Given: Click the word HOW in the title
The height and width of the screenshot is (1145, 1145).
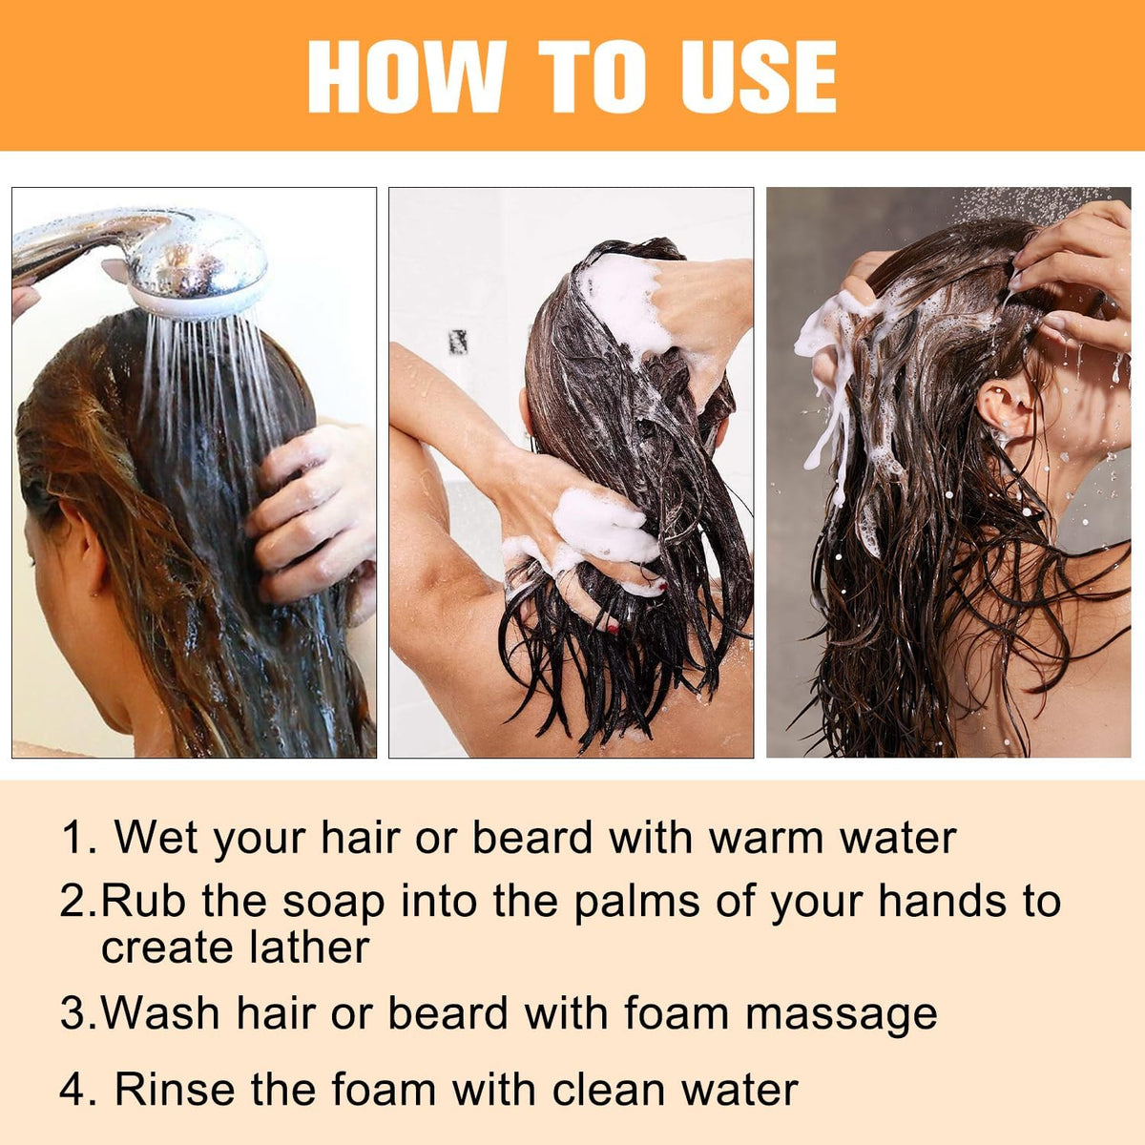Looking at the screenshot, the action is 406,76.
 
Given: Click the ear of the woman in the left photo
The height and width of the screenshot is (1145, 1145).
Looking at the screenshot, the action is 88,547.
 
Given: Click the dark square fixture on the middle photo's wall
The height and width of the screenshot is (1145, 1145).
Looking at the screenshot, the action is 458,342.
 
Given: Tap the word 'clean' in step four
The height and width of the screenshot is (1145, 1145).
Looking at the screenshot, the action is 608,1090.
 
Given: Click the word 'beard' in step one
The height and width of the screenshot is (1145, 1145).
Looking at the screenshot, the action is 532,839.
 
